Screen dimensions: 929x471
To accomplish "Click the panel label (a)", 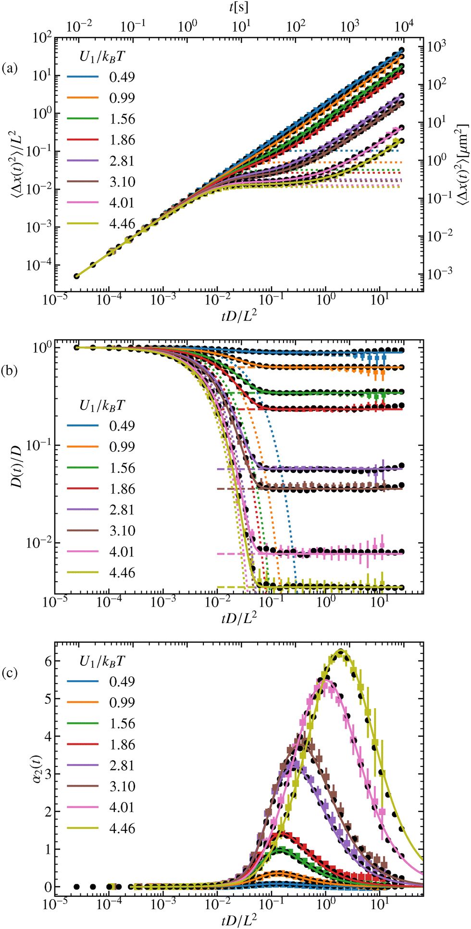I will tap(10, 68).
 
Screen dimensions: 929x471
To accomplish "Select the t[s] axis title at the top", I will tap(239, 7).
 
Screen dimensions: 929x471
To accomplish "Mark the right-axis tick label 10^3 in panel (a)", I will tap(437, 47).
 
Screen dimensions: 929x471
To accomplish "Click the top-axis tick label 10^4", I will tap(404, 26).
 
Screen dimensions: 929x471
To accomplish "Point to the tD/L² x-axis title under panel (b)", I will tap(239, 617).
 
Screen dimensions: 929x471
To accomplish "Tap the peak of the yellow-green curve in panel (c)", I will tap(341, 651).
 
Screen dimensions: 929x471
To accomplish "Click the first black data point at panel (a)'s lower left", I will tap(76, 276).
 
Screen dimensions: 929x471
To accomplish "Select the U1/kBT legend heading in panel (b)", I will tap(102, 406).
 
